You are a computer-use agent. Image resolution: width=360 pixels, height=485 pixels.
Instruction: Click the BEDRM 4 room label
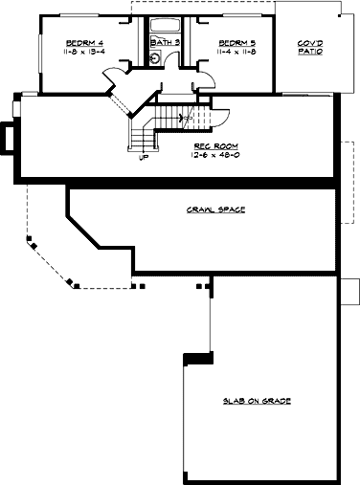coord(84,44)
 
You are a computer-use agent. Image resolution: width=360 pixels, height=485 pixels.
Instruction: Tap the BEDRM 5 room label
coord(236,44)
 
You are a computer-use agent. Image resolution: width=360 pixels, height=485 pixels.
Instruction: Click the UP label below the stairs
coord(144,158)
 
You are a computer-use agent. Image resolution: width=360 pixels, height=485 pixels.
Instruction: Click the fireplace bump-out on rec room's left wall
coord(8,140)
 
